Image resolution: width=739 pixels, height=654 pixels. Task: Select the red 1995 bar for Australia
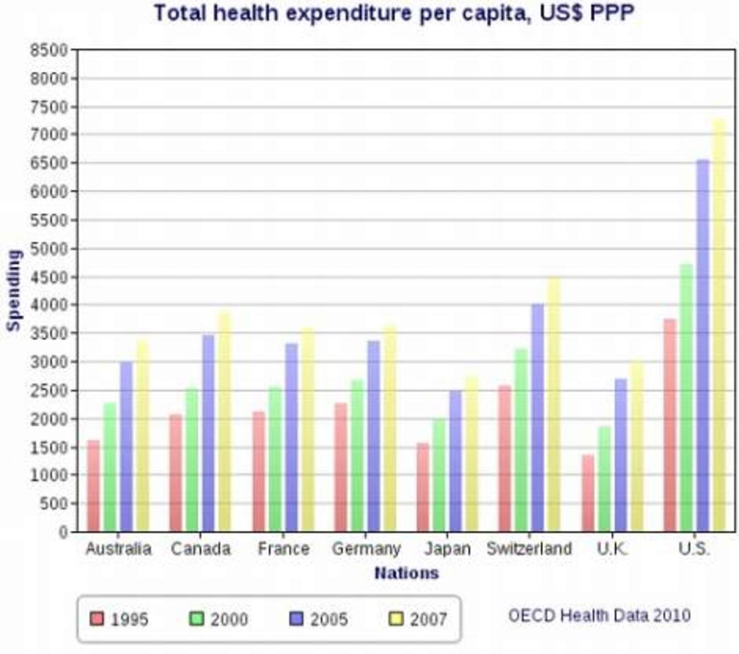(x=93, y=486)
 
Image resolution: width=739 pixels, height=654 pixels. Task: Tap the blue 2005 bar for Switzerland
(x=538, y=418)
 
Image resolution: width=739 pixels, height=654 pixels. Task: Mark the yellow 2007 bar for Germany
(x=389, y=429)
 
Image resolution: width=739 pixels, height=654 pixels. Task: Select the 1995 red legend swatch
(x=97, y=618)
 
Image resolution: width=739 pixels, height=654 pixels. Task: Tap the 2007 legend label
(x=428, y=619)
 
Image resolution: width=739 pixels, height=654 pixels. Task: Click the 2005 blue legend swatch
(x=297, y=618)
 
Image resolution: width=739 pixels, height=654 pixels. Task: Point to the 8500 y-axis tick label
(x=49, y=51)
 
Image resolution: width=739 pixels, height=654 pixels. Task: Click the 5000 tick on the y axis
(x=49, y=249)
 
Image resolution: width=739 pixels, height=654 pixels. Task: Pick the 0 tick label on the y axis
(x=63, y=532)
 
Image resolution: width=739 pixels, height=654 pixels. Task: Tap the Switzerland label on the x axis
(x=529, y=549)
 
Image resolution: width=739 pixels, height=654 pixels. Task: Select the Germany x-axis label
(x=366, y=549)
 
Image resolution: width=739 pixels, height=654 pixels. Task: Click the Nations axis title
(x=406, y=573)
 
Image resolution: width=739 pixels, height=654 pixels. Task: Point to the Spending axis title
(x=14, y=290)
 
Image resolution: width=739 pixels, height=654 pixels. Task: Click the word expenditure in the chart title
(x=348, y=13)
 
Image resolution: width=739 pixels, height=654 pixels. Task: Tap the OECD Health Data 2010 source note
(x=599, y=615)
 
